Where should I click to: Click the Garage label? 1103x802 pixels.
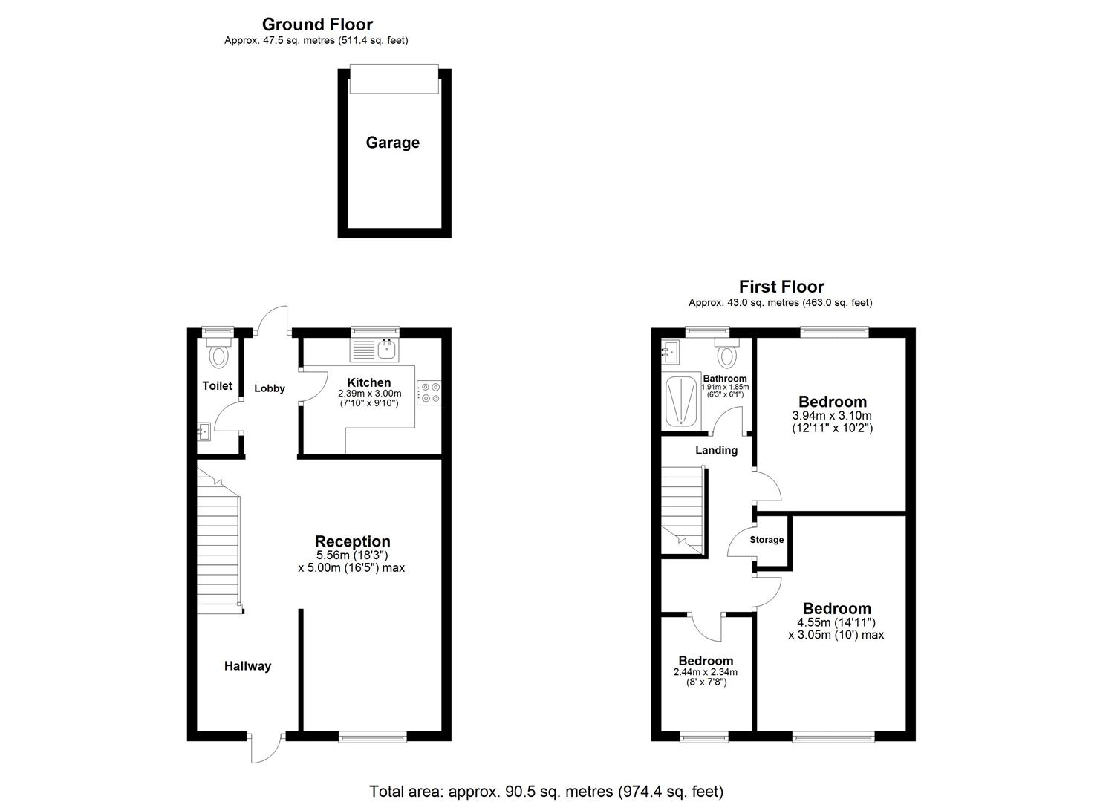(392, 143)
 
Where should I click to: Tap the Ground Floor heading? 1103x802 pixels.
(317, 25)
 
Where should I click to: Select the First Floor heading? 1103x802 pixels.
(781, 286)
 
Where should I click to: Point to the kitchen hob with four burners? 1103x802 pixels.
(429, 392)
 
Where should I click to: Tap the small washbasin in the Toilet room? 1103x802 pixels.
(204, 430)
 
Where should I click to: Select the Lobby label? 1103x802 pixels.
(270, 388)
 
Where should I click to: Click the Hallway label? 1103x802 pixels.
(247, 666)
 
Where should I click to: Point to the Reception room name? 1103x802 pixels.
(352, 541)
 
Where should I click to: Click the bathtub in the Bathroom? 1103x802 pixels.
(680, 401)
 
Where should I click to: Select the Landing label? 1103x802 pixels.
(716, 450)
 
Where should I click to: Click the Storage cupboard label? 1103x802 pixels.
(767, 540)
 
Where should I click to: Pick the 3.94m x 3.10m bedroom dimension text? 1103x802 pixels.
(832, 416)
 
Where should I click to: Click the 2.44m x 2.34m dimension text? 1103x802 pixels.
(705, 672)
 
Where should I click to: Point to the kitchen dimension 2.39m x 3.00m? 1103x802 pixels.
(369, 394)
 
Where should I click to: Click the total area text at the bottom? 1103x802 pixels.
(546, 792)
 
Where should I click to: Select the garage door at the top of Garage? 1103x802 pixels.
(393, 79)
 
